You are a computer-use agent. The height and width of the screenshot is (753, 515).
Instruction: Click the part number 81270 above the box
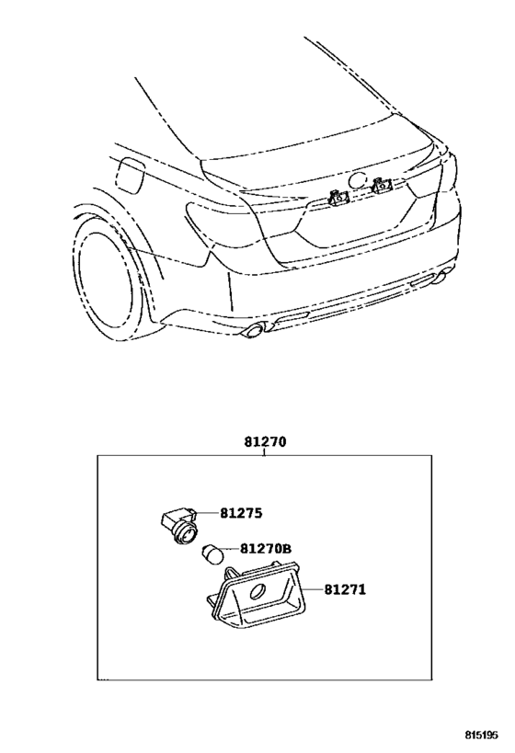265,442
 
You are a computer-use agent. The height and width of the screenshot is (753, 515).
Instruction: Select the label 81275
241,513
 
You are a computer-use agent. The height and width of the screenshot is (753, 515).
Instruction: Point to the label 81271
345,589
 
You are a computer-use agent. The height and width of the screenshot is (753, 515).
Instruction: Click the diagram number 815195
481,736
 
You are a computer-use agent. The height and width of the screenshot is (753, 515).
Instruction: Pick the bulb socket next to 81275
178,525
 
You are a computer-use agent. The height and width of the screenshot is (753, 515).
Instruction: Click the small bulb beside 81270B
212,554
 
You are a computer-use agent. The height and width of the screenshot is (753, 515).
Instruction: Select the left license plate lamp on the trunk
338,196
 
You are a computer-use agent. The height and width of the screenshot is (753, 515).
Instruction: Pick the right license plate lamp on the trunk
382,184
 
